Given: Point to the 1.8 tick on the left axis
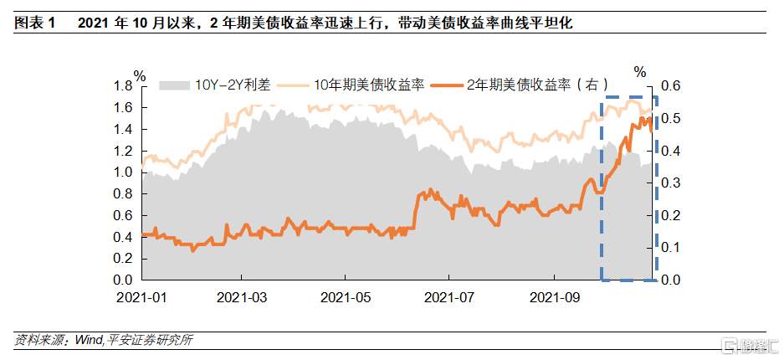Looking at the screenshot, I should pyautogui.click(x=123, y=86).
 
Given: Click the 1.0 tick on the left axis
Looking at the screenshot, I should pyautogui.click(x=123, y=172).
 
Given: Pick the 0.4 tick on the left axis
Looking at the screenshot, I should pyautogui.click(x=123, y=237).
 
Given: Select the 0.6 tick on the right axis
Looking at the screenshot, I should pyautogui.click(x=672, y=86).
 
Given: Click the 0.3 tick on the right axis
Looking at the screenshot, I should pyautogui.click(x=672, y=183).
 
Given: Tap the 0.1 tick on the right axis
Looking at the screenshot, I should pyautogui.click(x=672, y=248).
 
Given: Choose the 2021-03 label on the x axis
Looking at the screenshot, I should pyautogui.click(x=241, y=296).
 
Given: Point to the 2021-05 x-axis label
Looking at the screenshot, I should pyautogui.click(x=345, y=296).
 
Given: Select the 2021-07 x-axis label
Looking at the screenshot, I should pyautogui.click(x=448, y=296).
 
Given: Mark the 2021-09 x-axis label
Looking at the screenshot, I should pyautogui.click(x=553, y=296).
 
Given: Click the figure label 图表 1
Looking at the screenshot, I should pyautogui.click(x=33, y=23).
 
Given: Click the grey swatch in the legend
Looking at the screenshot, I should pyautogui.click(x=174, y=84).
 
